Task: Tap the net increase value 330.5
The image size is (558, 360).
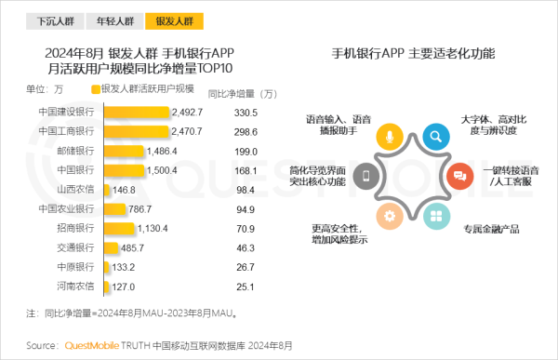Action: point(245,113)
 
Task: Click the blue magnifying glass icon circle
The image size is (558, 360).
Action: point(435,137)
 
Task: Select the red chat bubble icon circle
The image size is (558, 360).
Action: point(458,177)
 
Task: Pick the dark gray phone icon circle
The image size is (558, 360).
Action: point(367,177)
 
